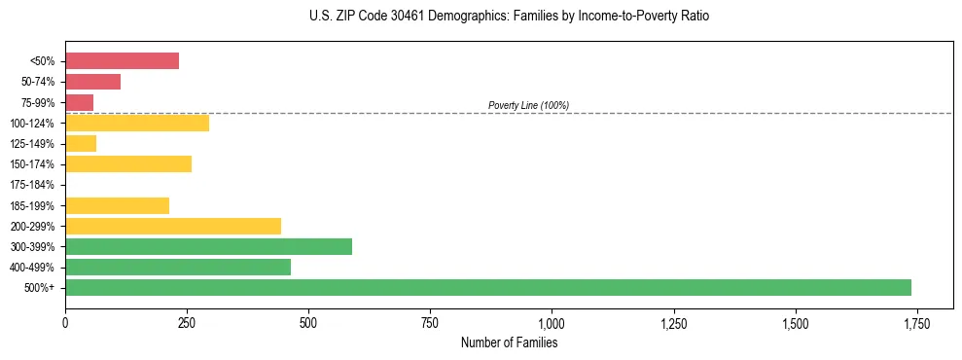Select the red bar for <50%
tap(122, 61)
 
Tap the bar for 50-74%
tap(92, 82)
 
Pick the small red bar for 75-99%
tap(79, 102)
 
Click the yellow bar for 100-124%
tap(137, 123)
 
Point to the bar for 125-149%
tap(81, 144)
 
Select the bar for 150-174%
tap(128, 164)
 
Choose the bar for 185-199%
tap(117, 205)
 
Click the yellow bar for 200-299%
tap(173, 226)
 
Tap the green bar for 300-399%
tap(208, 246)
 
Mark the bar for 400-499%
tap(178, 267)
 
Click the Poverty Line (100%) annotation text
tap(528, 105)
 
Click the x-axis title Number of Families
tap(509, 343)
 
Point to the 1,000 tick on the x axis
tap(552, 323)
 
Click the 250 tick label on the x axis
tap(187, 323)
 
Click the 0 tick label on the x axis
tap(65, 323)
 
